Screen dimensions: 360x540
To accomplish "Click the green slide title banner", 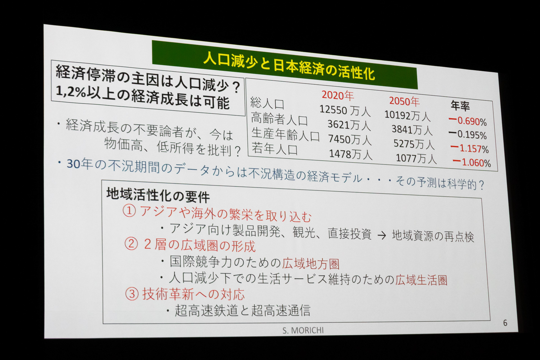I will coord(284,65).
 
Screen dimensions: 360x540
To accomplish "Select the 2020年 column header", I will coord(337,95).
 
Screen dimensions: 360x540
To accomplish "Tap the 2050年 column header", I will coord(404,101).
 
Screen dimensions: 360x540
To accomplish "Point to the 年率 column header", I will coord(460,105).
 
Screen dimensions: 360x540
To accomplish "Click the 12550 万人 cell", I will coord(345,110).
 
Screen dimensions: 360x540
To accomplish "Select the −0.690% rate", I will coord(467,121).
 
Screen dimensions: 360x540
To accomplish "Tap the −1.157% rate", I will coord(469,148).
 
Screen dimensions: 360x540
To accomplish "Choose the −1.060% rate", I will coord(471,162).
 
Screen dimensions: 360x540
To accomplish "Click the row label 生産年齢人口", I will coord(285,134).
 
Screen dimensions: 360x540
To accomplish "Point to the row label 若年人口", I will coord(274,148).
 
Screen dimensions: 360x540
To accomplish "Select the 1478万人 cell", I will coord(350,154).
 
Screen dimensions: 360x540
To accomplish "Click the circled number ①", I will coord(129,210).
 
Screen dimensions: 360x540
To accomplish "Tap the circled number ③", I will coord(132,294).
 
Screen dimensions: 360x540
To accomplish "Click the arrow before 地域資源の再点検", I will coord(382,235).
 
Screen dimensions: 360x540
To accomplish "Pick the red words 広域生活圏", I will coord(421,280).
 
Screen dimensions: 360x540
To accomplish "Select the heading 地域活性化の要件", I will coord(158,195).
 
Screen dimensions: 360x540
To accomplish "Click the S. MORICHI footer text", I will coord(303,330).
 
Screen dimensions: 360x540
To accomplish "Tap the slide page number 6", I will coord(505,323).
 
